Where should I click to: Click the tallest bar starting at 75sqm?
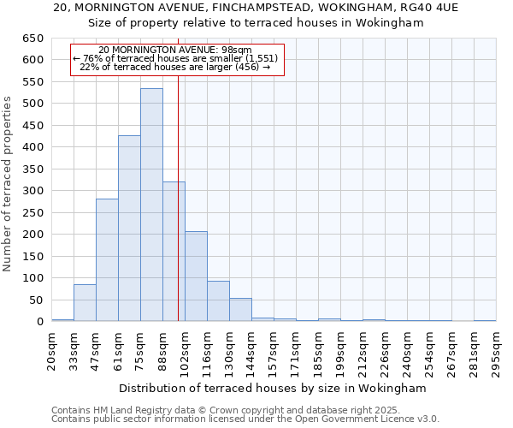pyautogui.click(x=151, y=205)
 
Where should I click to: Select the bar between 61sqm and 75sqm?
pyautogui.click(x=129, y=229)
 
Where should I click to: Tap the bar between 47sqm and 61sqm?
pyautogui.click(x=107, y=260)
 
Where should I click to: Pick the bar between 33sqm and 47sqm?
pyautogui.click(x=85, y=303)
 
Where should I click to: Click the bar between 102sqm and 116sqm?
pyautogui.click(x=196, y=276)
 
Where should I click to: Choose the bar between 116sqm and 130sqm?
pyautogui.click(x=218, y=301)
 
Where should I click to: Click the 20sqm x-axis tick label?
pyautogui.click(x=51, y=350)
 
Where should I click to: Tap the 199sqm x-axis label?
pyautogui.click(x=340, y=350)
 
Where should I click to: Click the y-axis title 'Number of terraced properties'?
pyautogui.click(x=8, y=183)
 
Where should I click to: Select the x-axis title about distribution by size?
pyautogui.click(x=273, y=388)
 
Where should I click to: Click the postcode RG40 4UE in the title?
pyautogui.click(x=431, y=7)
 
